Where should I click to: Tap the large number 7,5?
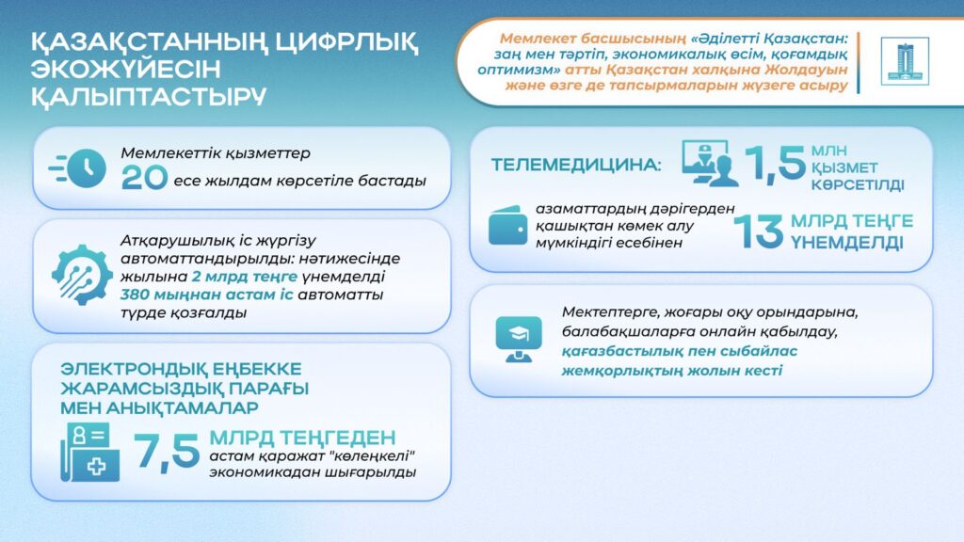click(167, 452)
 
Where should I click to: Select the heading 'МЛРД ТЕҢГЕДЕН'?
click(302, 438)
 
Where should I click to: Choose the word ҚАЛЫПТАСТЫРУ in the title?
click(148, 97)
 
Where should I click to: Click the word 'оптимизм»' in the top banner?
click(533, 70)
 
